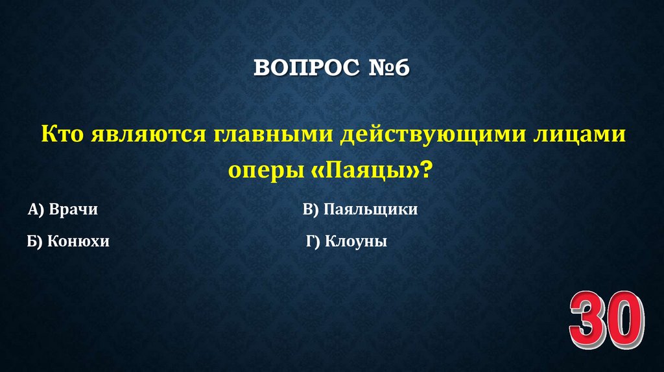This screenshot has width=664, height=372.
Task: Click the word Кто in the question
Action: pos(61,135)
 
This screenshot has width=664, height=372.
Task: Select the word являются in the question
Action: pos(143,135)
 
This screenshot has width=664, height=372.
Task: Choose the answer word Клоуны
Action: pos(356,242)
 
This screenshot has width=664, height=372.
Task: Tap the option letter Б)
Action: pos(35,242)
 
